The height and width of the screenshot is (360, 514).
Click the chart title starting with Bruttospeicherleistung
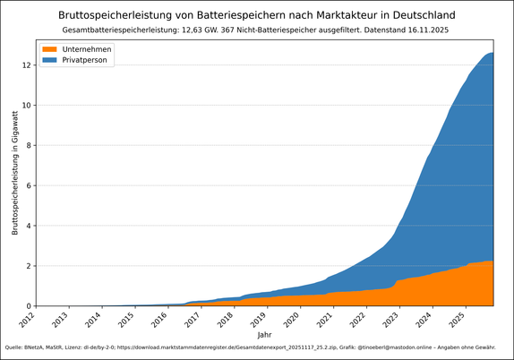click(x=257, y=15)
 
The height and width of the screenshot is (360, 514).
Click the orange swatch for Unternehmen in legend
click(x=50, y=48)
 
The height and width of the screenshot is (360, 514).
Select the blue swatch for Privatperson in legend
click(x=50, y=59)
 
